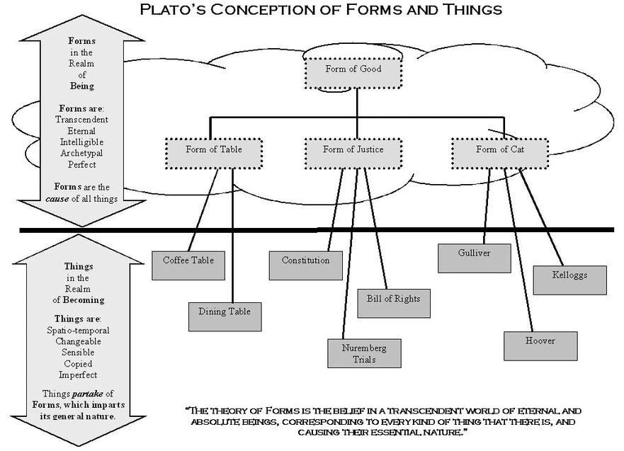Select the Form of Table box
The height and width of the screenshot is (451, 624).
213,150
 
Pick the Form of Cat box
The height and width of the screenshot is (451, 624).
501,150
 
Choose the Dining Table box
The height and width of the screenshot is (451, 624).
224,312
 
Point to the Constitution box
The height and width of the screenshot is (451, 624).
305,261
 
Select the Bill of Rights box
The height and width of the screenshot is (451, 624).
393,299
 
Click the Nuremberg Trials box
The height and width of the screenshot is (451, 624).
363,353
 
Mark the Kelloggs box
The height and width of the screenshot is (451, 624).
569,275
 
